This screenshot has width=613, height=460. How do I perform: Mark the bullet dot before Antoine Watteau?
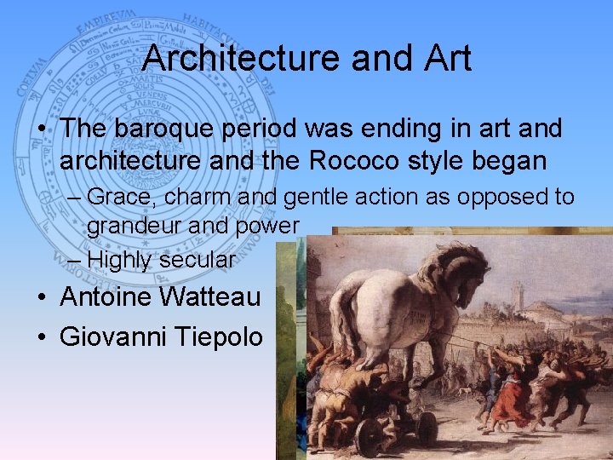point(42,298)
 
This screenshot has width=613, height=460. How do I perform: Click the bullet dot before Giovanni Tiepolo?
point(42,337)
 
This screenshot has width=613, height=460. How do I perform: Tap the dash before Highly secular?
point(73,260)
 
